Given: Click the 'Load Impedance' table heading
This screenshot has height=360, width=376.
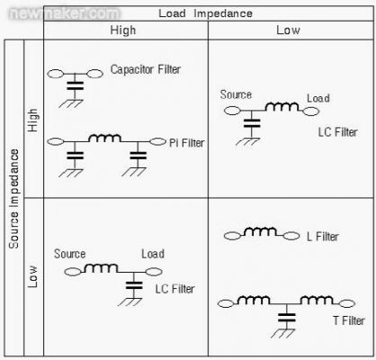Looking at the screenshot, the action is coord(205,13).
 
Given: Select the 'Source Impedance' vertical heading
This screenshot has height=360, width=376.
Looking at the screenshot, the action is coord(13,199).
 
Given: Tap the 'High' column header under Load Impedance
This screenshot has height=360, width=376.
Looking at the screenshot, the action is coord(123,31).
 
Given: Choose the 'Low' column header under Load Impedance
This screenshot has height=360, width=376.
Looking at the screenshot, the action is coord(288,30).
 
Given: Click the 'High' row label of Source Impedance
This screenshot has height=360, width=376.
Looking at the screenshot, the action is coord(33,120).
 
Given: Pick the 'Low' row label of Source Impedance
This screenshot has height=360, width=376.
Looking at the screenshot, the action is coord(32,276).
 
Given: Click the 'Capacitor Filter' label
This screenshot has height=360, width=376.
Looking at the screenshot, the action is coord(146,69).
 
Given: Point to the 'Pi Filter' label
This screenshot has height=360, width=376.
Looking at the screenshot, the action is coord(187,143).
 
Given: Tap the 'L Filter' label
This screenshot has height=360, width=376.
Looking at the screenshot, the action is coord(323,237).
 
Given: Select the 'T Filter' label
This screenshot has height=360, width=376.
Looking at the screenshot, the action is coord(349,320).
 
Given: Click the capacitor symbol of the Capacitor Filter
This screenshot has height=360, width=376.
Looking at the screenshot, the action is coord(75,85).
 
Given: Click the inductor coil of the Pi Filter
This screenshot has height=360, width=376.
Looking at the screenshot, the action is coord(104,138).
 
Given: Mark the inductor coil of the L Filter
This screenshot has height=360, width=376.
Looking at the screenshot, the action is coord(260,231).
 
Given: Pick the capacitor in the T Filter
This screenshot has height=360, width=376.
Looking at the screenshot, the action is coord(287,318).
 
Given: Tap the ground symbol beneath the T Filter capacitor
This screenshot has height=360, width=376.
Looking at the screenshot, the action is coord(283,333).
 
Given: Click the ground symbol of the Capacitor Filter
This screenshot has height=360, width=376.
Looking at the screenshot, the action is coord(71,103).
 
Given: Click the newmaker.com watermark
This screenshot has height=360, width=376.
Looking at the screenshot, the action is coord(65,13).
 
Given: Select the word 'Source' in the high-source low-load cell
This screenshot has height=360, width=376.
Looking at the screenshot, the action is coord(236,94).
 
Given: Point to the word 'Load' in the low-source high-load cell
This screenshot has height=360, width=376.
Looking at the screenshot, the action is coord(153,254).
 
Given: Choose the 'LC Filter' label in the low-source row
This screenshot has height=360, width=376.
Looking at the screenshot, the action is coord(175,289).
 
